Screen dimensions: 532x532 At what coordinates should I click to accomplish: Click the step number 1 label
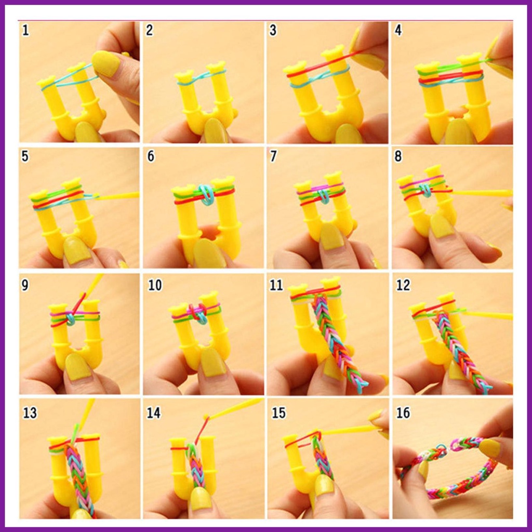point(26,30)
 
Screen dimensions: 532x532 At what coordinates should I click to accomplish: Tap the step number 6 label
point(151,156)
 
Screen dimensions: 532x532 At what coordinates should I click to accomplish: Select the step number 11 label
point(276,285)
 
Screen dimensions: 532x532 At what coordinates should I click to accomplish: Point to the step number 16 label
point(403,413)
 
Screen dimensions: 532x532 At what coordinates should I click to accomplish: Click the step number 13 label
point(30,413)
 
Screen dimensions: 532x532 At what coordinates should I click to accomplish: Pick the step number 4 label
point(398,30)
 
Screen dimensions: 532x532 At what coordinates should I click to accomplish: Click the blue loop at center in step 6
point(207,195)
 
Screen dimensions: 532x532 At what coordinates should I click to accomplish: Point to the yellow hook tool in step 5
point(117,195)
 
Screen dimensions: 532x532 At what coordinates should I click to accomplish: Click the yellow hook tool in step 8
point(482,193)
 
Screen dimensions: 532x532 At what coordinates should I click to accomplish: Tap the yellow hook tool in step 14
point(234,407)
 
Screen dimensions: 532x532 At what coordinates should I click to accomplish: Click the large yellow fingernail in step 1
point(106,64)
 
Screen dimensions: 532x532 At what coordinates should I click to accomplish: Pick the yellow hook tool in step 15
point(350,430)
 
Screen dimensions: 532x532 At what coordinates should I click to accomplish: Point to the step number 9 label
point(25,285)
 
